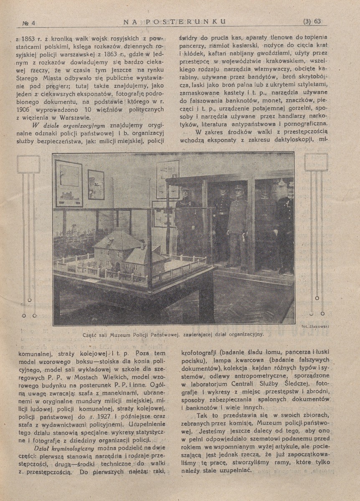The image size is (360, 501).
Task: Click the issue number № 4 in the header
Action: (x=29, y=23)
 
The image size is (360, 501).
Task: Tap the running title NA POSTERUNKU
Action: (x=175, y=21)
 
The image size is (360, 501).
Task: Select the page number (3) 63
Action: (x=312, y=22)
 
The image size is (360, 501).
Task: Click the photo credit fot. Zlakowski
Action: (x=313, y=326)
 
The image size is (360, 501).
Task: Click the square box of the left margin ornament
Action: (x=28, y=164)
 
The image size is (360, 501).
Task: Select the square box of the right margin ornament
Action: (x=316, y=162)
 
